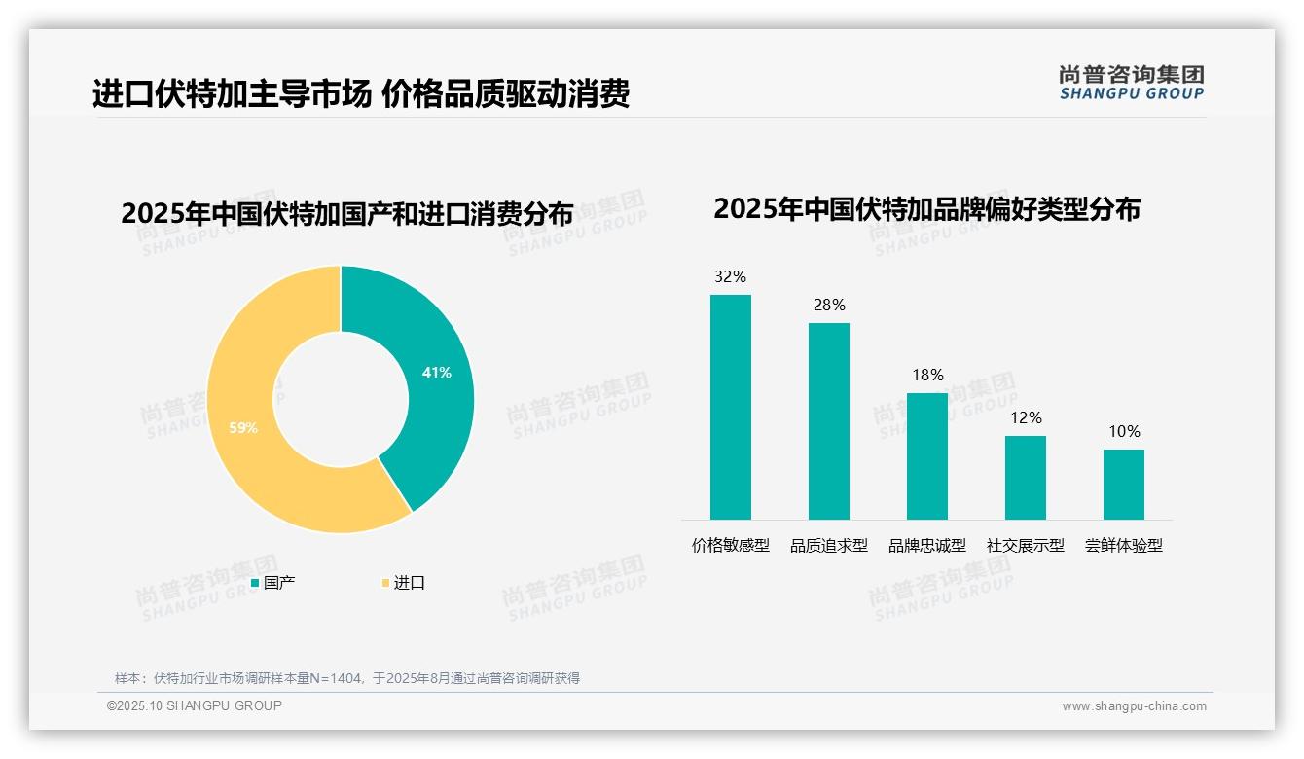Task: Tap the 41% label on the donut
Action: click(x=437, y=373)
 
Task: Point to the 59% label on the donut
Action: click(x=243, y=427)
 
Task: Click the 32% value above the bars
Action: click(x=731, y=277)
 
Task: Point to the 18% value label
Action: click(x=927, y=376)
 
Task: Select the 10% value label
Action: click(x=1124, y=432)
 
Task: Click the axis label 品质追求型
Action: click(x=829, y=546)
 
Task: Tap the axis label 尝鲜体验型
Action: click(x=1124, y=546)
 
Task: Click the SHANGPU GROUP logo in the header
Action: click(x=1132, y=83)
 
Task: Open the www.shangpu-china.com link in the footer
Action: click(x=1134, y=706)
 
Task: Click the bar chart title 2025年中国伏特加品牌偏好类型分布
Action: click(x=926, y=209)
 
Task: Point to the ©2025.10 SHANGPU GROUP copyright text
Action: click(x=195, y=705)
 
